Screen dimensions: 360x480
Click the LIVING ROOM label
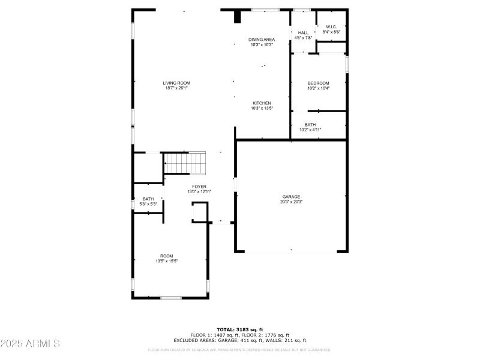[x=176, y=83]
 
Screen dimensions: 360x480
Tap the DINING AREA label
[x=262, y=39]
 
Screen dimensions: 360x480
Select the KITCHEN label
[x=262, y=103]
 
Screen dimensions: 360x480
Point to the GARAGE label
[x=292, y=197]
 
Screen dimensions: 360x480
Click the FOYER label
[x=199, y=187]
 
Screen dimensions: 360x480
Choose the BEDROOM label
[x=319, y=83]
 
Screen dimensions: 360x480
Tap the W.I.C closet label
[x=331, y=26]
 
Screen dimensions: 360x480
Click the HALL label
[x=303, y=32]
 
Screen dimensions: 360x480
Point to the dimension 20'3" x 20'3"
[x=292, y=202]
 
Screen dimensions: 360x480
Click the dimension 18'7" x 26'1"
[x=176, y=88]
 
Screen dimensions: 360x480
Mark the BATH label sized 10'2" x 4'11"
[x=310, y=125]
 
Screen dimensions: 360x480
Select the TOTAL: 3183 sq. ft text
[x=239, y=329]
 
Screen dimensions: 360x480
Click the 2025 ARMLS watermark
[x=30, y=344]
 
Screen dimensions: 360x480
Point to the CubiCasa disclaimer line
[x=239, y=349]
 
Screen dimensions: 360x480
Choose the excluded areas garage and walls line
[x=239, y=340]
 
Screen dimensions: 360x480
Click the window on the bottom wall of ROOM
[x=171, y=298]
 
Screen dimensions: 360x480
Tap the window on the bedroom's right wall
[x=347, y=64]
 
